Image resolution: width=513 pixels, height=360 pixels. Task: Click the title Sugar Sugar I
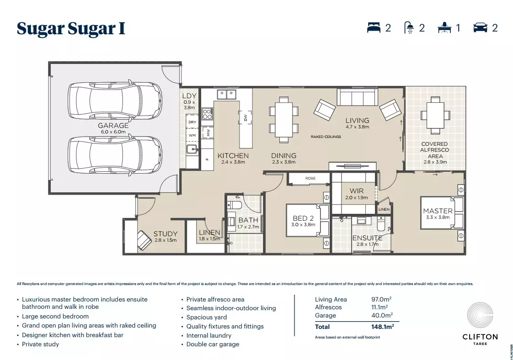(71, 28)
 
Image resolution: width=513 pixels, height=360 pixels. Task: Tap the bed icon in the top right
(374, 28)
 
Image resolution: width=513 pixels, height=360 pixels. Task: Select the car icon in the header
(480, 28)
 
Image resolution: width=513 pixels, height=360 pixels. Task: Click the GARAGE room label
(113, 126)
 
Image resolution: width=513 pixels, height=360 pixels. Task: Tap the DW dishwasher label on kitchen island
(245, 117)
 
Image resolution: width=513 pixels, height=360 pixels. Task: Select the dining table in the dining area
(284, 117)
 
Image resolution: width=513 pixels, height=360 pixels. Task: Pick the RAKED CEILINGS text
(326, 137)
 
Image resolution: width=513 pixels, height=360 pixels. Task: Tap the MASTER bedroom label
(438, 211)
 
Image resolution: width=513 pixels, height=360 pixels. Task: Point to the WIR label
(356, 191)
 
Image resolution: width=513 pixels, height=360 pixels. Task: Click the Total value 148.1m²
(382, 327)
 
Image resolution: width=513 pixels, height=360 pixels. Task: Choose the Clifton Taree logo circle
(480, 315)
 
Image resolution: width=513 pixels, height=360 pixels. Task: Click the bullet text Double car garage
(213, 344)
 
